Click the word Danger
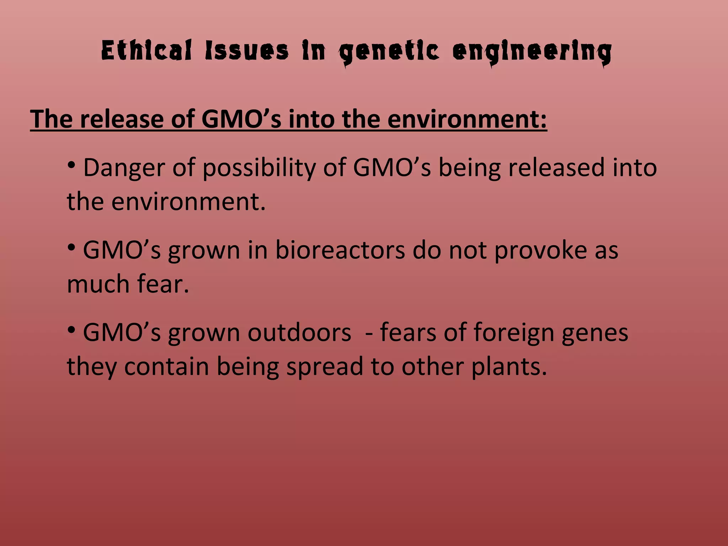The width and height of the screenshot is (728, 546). (124, 167)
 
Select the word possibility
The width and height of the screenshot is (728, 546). (259, 168)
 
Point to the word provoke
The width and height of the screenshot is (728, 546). (540, 251)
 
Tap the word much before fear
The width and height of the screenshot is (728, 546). (98, 284)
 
